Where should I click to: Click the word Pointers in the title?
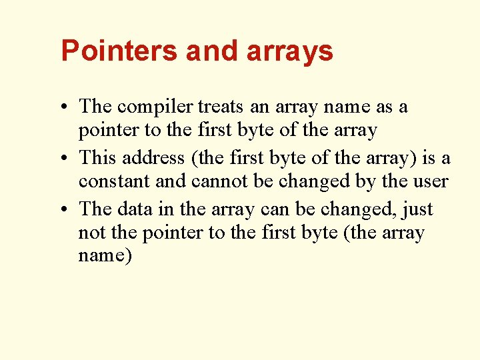(x=120, y=51)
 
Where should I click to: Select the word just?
(x=419, y=210)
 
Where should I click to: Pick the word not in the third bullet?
(x=92, y=233)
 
